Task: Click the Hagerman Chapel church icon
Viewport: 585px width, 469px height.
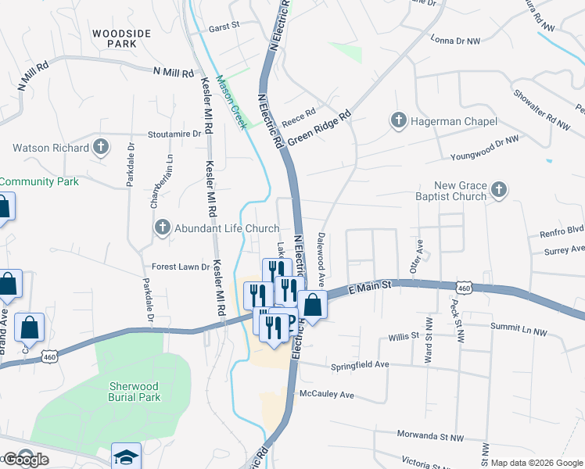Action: (398, 121)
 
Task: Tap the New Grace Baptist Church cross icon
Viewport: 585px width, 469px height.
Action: (500, 189)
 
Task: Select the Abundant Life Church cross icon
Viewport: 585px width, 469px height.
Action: (163, 228)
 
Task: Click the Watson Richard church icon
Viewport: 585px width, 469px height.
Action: (101, 147)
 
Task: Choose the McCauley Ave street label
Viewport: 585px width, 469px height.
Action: (327, 394)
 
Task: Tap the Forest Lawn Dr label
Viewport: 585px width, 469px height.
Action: (181, 267)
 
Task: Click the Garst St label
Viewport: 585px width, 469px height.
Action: (223, 27)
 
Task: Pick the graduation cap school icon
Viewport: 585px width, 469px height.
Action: (126, 456)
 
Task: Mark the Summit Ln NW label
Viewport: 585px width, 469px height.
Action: (519, 331)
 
